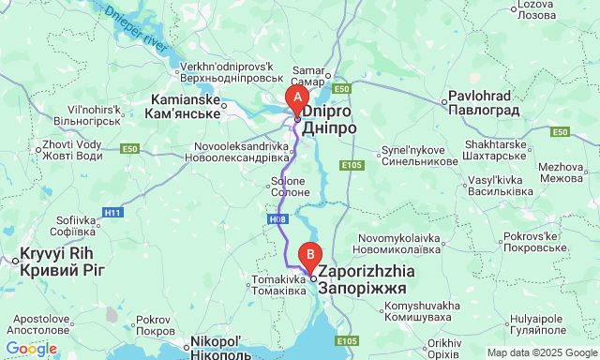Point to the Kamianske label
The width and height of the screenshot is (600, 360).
tap(182, 106)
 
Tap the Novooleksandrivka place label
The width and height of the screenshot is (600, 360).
tap(242, 152)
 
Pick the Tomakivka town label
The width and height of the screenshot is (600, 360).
tap(277, 284)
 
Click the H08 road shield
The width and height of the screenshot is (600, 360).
tap(277, 218)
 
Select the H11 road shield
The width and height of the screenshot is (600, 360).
tap(113, 213)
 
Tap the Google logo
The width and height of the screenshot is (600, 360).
tap(31, 349)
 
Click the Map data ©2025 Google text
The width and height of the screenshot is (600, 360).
tap(542, 352)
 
